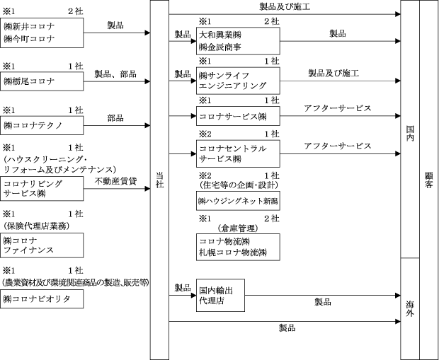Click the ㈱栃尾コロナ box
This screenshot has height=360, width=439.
click(42, 81)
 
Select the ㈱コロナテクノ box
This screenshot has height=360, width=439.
click(42, 125)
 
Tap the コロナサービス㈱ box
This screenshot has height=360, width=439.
click(238, 116)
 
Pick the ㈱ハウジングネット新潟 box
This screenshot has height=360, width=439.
click(238, 201)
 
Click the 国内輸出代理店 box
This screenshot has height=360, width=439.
click(220, 296)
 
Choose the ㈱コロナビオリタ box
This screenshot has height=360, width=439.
click(42, 299)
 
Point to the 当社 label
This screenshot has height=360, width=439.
click(159, 180)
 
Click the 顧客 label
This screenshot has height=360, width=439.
click(429, 180)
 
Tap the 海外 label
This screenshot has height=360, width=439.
click(410, 309)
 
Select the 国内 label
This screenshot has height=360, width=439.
click(410, 134)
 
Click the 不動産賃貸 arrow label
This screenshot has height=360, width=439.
click(115, 181)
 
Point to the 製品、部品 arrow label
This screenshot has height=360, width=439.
click(115, 74)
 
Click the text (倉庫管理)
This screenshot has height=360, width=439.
click(238, 228)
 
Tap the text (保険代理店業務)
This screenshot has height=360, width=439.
click(36, 226)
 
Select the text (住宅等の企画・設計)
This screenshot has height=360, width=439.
click(239, 185)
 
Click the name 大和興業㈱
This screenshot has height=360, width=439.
click(220, 35)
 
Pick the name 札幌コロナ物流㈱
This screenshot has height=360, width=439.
click(233, 252)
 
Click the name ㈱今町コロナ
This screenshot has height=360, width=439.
click(29, 39)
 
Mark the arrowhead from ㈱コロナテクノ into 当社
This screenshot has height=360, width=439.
click(147, 126)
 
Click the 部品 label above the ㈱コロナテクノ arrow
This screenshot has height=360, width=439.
click(115, 118)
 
